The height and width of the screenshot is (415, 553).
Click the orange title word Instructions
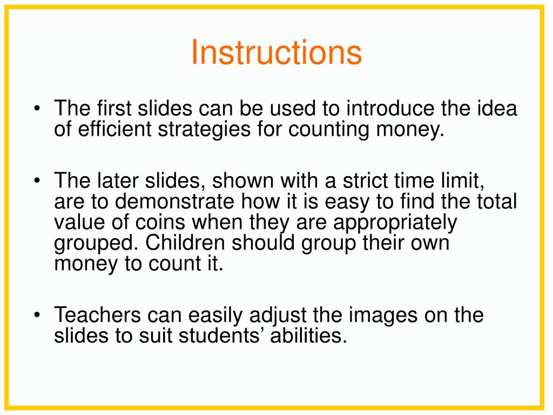[276, 52]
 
